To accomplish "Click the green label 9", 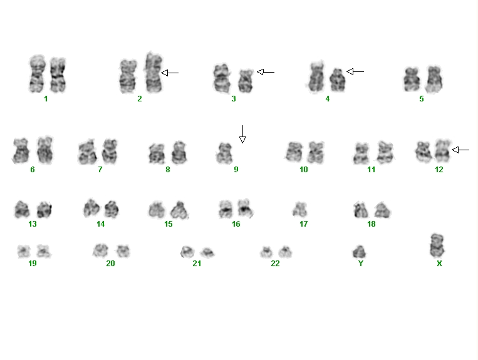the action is (236, 170).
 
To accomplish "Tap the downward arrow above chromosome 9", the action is (242, 134).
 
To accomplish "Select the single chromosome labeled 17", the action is (299, 210).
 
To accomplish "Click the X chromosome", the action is (437, 245).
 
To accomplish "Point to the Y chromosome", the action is (359, 252).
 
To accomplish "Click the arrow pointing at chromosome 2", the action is (170, 73).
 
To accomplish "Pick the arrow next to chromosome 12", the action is (460, 150).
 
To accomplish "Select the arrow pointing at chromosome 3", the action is (266, 72).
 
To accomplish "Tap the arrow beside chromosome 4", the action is (355, 71).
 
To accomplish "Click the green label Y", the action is (361, 264).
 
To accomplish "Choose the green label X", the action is (439, 264).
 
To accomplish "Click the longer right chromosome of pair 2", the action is (153, 73).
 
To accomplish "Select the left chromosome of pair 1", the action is (37, 73).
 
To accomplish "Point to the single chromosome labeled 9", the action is (224, 153).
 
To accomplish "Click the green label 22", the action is (275, 264).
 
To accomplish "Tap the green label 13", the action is (33, 224).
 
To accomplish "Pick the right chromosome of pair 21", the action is (207, 252).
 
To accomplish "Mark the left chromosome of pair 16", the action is (226, 208).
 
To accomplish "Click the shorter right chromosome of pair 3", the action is (246, 81).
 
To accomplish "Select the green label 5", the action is (421, 99).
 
